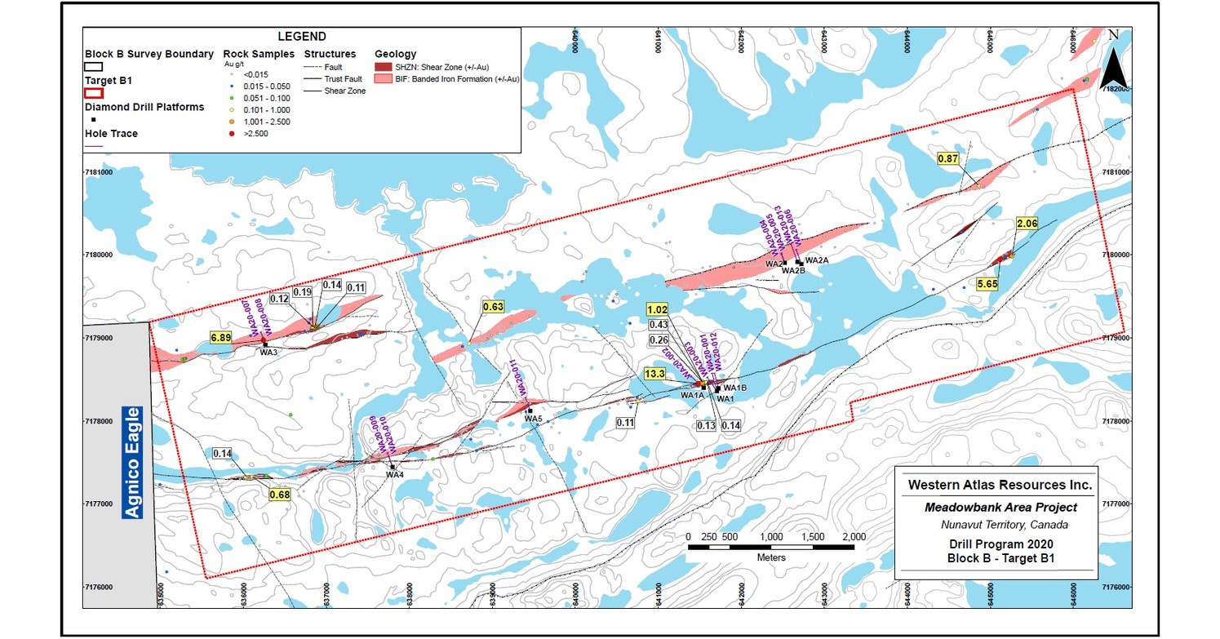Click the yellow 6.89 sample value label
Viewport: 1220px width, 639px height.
click(x=221, y=337)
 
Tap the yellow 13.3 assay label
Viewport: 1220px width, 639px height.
click(x=654, y=374)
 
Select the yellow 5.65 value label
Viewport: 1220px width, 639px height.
click(x=988, y=284)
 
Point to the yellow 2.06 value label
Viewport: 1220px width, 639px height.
click(x=1026, y=223)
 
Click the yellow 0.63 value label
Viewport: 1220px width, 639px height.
click(x=494, y=307)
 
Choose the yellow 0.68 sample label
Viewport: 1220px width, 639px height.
click(x=280, y=495)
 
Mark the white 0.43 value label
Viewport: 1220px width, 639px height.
click(x=659, y=325)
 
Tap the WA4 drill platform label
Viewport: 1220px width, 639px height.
click(x=395, y=475)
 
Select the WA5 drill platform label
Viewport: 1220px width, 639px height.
click(x=534, y=419)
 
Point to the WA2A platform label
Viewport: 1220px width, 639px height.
click(x=817, y=260)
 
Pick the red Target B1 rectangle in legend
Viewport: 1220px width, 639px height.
click(x=93, y=93)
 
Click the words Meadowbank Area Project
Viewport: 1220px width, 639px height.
click(x=1000, y=507)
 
